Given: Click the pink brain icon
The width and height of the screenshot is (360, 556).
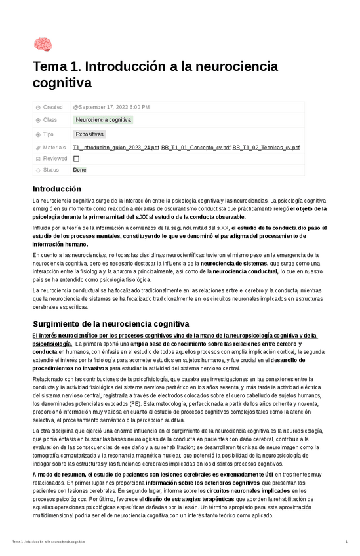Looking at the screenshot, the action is [x=43, y=45].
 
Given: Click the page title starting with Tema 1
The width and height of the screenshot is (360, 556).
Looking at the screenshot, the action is [x=155, y=74].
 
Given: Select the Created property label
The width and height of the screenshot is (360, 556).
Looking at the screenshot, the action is [x=52, y=107].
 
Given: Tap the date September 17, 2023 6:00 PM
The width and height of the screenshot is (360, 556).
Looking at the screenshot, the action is [x=111, y=107].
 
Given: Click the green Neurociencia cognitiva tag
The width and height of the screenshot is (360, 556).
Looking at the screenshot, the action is [x=103, y=120].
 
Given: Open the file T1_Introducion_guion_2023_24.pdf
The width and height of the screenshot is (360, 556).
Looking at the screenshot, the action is [x=116, y=148].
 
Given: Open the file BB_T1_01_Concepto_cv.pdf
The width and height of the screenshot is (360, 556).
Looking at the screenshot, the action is [x=195, y=148].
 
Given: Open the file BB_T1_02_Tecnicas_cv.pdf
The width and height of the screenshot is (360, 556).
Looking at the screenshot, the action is [x=266, y=148].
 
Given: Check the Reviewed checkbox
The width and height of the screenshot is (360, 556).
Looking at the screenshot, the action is [x=76, y=159].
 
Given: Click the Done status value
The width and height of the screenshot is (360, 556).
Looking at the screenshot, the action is [x=79, y=170].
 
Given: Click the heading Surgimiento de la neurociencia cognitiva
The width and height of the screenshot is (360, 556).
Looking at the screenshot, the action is [x=111, y=324].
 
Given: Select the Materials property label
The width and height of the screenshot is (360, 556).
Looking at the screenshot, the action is [x=54, y=148].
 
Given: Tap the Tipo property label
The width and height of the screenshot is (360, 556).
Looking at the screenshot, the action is [x=48, y=134].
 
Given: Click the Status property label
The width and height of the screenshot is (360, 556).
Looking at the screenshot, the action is [x=50, y=170].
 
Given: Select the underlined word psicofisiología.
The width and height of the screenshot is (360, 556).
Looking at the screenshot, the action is [x=52, y=344].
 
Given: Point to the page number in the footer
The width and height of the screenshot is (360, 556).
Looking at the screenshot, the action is [x=346, y=542].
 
